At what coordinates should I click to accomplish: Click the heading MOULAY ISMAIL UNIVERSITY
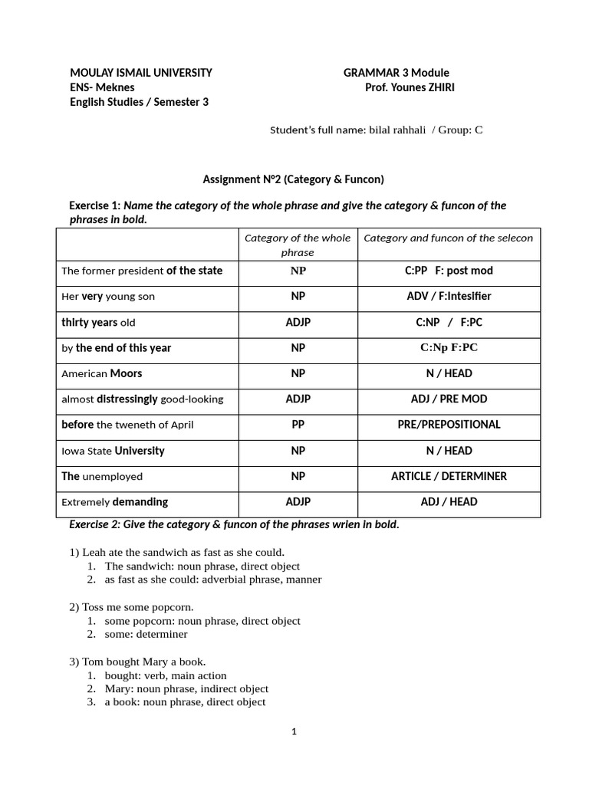pos(141,73)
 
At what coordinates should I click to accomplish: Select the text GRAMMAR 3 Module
pos(396,73)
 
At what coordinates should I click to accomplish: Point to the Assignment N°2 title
pos(293,179)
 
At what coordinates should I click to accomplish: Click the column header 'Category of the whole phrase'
pos(298,245)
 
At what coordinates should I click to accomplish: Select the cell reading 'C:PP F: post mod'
pos(449,271)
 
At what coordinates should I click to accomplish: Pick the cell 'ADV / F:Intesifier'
pos(449,296)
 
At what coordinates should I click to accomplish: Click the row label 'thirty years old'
pos(98,322)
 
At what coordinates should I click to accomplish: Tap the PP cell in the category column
pos(298,425)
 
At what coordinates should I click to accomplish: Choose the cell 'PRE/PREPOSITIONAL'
pos(449,425)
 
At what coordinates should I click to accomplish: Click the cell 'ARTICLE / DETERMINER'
pos(449,476)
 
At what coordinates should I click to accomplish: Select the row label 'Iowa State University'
pos(113,451)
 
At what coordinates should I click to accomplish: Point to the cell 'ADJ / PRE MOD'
pos(449,399)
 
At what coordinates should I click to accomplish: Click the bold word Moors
pos(126,373)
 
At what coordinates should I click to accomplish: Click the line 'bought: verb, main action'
pos(166,675)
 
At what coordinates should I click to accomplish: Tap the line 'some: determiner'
pos(146,634)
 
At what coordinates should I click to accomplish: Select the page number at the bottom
pos(294,731)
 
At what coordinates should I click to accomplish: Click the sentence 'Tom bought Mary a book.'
pos(137,661)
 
